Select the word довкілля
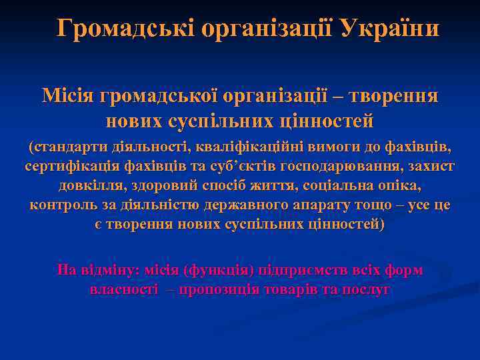90,185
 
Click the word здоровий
171,185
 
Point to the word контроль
60,205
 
